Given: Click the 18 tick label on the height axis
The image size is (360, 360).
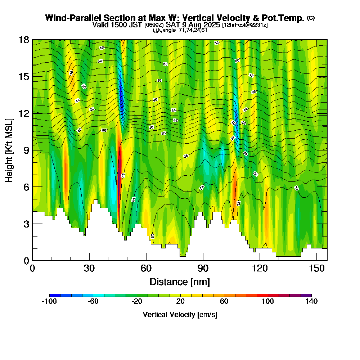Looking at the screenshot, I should pos(24,40).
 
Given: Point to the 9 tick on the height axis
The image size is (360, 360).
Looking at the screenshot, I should pos(32,150).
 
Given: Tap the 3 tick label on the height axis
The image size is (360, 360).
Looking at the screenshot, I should pos(26,224).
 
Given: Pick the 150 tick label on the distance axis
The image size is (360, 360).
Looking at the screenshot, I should pos(316,269).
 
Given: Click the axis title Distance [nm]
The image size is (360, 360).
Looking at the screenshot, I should pos(180,282).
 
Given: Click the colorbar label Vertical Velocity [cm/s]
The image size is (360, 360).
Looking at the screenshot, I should pos(180,315).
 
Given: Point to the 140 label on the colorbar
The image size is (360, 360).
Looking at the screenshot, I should pos(311,302).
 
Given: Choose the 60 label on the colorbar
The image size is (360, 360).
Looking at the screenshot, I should pos(224,302).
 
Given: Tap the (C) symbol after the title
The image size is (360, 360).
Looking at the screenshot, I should pos(311,18).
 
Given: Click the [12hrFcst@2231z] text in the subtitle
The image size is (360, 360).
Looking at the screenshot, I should pos(245,25).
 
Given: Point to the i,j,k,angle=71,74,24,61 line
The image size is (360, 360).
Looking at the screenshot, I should pos(180,30).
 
